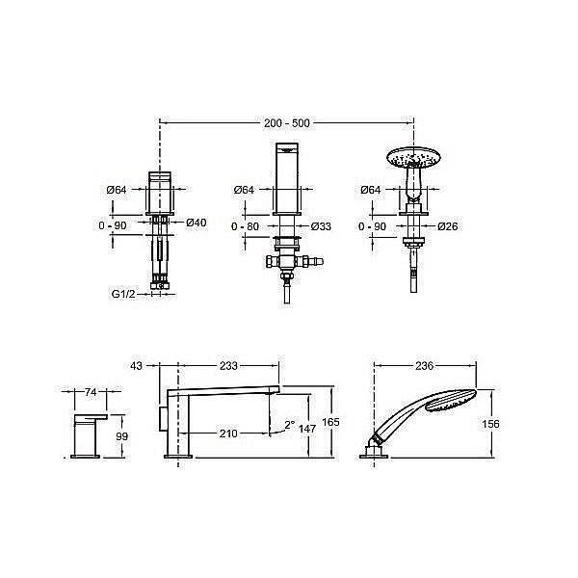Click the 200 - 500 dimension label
pyautogui.click(x=287, y=122)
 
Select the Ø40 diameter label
pyautogui.click(x=197, y=223)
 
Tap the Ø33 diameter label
pyautogui.click(x=321, y=226)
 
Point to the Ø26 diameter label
pyautogui.click(x=448, y=226)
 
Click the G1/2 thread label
pyautogui.click(x=123, y=294)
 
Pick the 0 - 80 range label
pyautogui.click(x=245, y=226)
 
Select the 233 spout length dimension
pyautogui.click(x=228, y=366)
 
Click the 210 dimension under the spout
pyautogui.click(x=228, y=433)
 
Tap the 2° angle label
pyautogui.click(x=290, y=425)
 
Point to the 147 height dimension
pyautogui.click(x=307, y=429)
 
